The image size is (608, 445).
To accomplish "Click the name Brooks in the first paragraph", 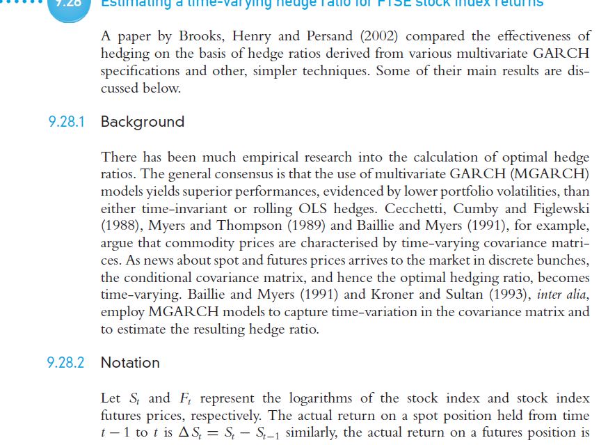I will click(x=200, y=36).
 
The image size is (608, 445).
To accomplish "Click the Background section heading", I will click(x=143, y=122).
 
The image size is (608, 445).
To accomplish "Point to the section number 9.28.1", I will click(x=67, y=122).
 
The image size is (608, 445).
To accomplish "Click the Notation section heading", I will click(x=130, y=362).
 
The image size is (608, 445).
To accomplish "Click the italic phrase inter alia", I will click(x=563, y=294).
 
